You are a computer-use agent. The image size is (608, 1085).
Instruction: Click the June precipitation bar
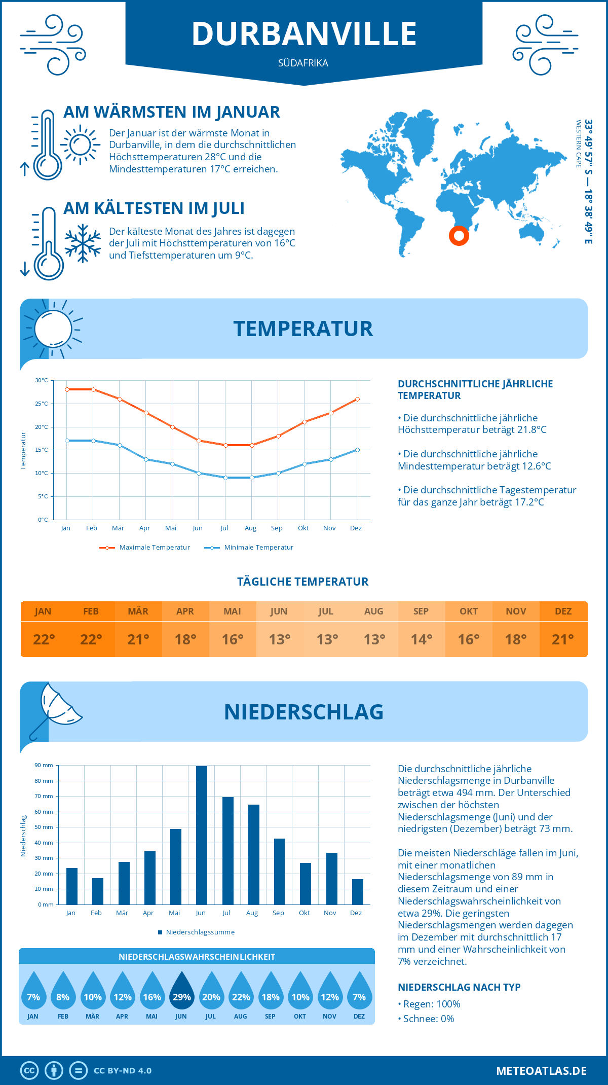click(202, 835)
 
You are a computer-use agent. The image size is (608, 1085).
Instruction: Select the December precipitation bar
click(358, 892)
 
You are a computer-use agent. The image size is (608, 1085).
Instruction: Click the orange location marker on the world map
click(459, 235)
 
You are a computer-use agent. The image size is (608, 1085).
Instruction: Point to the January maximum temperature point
click(67, 389)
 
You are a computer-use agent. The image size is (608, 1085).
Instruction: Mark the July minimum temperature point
click(225, 478)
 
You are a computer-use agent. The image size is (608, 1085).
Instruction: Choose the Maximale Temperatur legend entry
click(145, 548)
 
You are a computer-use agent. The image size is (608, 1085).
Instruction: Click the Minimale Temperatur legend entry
click(249, 548)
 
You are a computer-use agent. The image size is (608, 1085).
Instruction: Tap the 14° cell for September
click(421, 639)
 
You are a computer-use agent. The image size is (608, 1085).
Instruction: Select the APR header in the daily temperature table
click(185, 611)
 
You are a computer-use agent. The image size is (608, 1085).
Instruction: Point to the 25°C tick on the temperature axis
click(42, 404)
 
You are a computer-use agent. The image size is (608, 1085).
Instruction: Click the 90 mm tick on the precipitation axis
click(44, 765)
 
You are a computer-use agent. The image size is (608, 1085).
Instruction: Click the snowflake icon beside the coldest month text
click(83, 243)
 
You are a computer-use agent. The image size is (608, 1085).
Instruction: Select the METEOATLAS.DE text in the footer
click(541, 1071)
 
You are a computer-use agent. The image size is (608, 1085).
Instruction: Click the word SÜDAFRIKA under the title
click(303, 63)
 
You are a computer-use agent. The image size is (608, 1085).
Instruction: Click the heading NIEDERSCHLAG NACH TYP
click(459, 987)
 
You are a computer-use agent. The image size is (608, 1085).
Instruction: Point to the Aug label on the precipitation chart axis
click(252, 913)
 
